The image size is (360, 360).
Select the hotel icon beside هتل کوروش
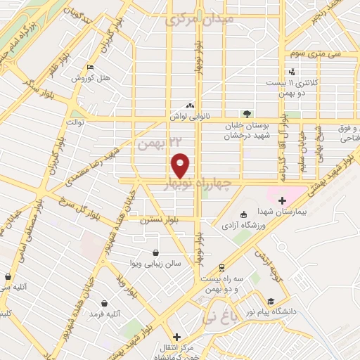[x=89, y=67]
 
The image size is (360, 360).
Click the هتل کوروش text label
[x=87, y=78]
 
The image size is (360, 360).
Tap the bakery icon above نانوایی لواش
[x=190, y=102]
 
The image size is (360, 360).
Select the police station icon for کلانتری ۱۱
[x=292, y=72]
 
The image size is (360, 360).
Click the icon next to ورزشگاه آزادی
[x=243, y=215]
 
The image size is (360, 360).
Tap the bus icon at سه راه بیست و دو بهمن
[x=221, y=268]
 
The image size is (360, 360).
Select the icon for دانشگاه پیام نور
[x=271, y=300]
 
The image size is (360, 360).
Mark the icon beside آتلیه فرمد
[x=104, y=302]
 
